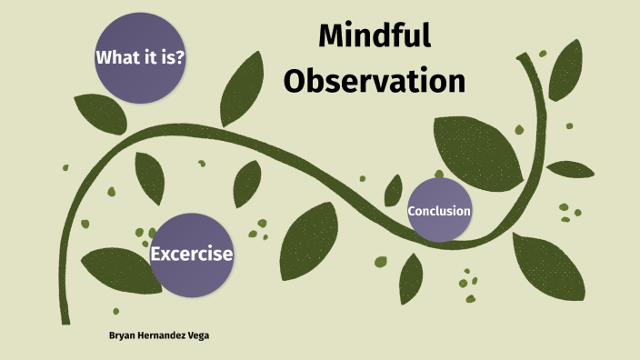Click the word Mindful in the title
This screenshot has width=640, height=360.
(374, 37)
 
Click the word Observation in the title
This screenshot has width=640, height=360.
(374, 80)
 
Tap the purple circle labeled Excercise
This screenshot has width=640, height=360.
(191, 255)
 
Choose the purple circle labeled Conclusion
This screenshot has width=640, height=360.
(439, 211)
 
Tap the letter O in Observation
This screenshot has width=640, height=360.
(295, 80)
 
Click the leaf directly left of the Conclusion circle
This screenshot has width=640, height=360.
(393, 191)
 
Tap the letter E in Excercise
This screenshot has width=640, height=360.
(156, 255)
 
